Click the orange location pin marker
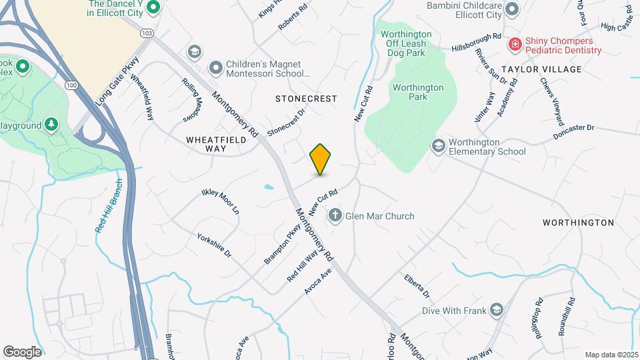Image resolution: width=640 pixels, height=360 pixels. [x=320, y=159]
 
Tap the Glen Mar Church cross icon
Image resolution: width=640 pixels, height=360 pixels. [x=335, y=216]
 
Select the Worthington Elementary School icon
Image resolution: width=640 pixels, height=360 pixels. [x=438, y=145]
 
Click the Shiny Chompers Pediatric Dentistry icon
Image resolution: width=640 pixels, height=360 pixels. [x=515, y=45]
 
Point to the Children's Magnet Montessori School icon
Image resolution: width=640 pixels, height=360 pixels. [x=215, y=67]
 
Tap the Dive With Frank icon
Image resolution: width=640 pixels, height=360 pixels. [x=496, y=310]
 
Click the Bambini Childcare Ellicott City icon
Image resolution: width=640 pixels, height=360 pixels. [x=512, y=9]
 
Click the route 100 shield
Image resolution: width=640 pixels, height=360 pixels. [x=71, y=85]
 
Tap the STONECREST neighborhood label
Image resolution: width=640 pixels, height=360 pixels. [x=306, y=99]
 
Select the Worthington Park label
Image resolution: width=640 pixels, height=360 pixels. [x=418, y=93]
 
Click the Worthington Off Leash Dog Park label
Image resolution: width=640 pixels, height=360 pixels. [x=404, y=39]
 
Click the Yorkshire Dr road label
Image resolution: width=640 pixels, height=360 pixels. [x=214, y=246]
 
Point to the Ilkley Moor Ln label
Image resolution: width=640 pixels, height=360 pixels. [x=221, y=201]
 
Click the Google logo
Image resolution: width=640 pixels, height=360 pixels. [x=22, y=351]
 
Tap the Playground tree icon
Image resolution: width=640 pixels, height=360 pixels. [x=51, y=125]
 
